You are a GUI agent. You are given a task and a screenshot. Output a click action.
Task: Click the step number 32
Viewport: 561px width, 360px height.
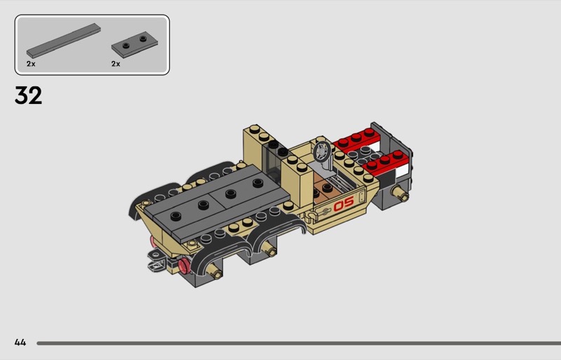(x=28, y=95)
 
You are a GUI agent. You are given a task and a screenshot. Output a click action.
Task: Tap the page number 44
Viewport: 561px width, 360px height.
(x=20, y=342)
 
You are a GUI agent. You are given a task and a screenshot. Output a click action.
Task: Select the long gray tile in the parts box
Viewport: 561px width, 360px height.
(x=63, y=41)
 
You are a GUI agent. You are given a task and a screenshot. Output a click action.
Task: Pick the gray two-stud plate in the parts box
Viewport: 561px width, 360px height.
(x=135, y=44)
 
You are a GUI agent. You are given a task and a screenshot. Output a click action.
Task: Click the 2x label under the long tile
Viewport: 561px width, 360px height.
(x=31, y=64)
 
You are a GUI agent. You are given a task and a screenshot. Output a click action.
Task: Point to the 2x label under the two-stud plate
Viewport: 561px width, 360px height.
(x=116, y=64)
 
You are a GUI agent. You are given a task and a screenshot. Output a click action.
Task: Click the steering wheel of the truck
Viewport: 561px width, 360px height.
(x=322, y=152)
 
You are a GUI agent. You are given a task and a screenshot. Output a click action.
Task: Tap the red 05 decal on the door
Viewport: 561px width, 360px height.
(x=344, y=204)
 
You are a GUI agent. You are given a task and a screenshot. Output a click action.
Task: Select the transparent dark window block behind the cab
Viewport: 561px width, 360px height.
(x=273, y=161)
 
